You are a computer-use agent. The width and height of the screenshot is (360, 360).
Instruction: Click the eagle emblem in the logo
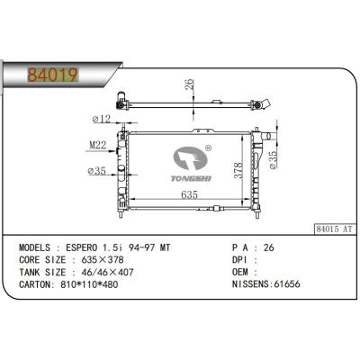tap(189, 158)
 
